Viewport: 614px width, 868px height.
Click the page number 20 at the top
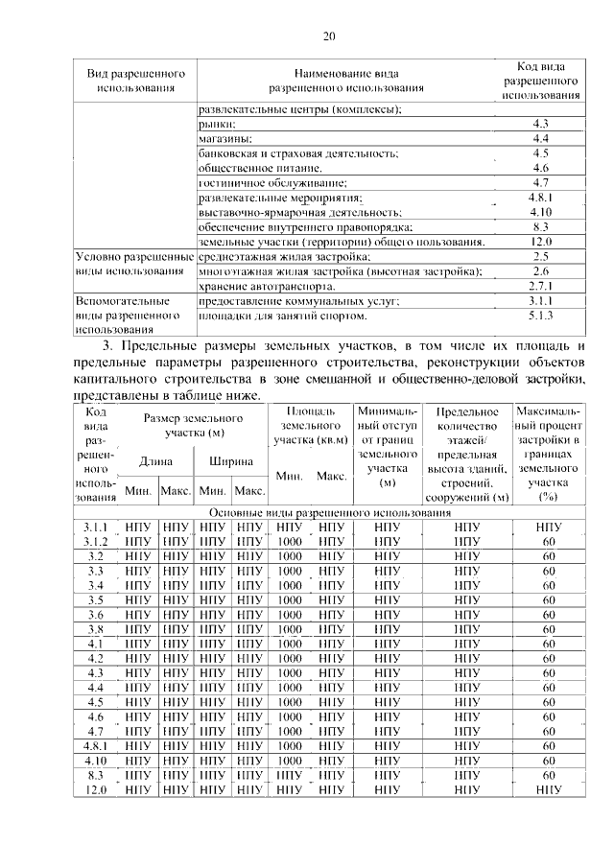pyautogui.click(x=329, y=37)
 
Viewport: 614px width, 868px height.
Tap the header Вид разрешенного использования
pyautogui.click(x=135, y=81)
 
